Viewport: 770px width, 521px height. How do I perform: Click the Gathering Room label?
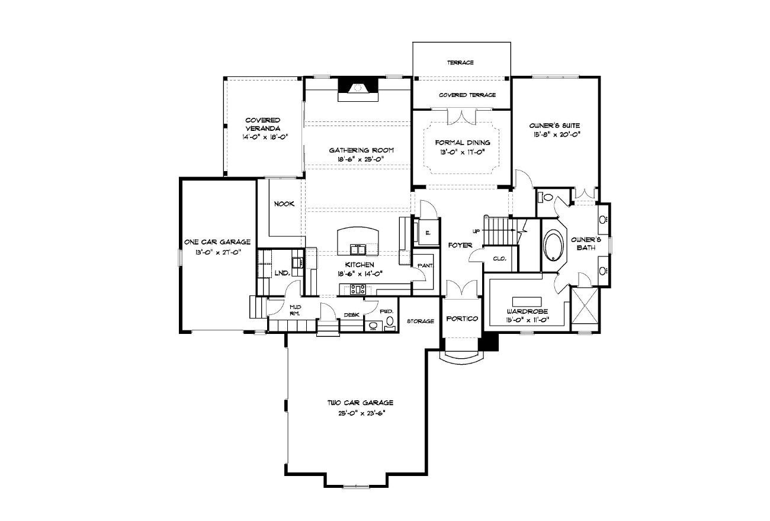(361, 150)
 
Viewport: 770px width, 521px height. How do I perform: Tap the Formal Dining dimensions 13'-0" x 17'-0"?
(463, 152)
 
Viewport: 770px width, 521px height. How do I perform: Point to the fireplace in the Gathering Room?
(358, 89)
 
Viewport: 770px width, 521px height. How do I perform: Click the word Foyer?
(460, 245)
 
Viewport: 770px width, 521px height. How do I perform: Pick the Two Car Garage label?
(360, 403)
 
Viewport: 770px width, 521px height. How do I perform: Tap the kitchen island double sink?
(358, 249)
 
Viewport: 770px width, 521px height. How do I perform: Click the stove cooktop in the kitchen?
(358, 290)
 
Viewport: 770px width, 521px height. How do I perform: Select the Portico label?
(462, 319)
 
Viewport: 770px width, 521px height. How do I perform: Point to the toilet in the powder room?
(390, 322)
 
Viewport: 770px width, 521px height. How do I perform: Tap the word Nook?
(284, 204)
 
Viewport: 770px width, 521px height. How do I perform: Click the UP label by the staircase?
(476, 231)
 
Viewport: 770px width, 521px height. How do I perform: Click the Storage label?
(421, 321)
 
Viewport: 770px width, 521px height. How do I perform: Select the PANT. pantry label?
(425, 266)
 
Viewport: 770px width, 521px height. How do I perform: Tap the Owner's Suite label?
(554, 126)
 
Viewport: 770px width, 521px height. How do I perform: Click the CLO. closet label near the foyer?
(500, 259)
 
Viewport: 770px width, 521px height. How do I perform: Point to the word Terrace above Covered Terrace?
(461, 63)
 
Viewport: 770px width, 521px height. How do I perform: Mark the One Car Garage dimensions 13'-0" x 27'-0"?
(217, 252)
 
